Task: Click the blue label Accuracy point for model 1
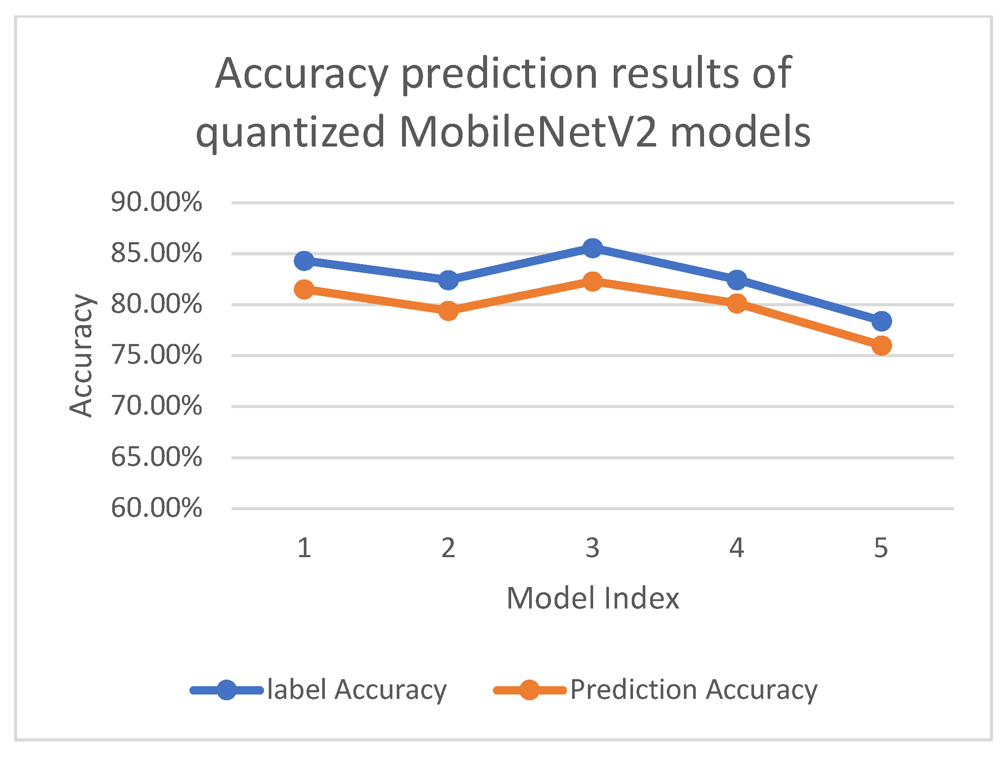coord(304,261)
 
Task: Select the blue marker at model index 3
coord(592,248)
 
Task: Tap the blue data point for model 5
coord(881,321)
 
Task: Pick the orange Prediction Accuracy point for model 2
coord(448,311)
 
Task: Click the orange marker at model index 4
coord(737,303)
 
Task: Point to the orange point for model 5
coord(881,345)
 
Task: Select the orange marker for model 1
coord(304,289)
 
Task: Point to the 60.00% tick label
coord(156,508)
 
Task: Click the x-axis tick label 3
coord(592,548)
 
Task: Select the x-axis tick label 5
coord(881,548)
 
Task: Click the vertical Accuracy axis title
coord(82,355)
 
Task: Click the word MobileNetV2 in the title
coord(529,132)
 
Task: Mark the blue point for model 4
coord(737,280)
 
